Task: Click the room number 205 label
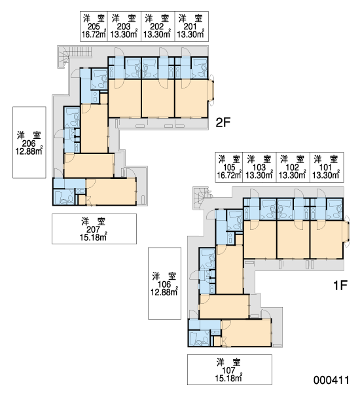coord(94,26)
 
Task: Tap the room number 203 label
coord(124,26)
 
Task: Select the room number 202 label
coord(157,26)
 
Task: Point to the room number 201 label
coord(190,26)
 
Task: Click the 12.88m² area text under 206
coord(29,151)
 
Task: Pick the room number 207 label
coord(93,229)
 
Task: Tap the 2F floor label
coord(223,122)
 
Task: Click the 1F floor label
coord(340,285)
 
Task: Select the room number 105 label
coord(229,167)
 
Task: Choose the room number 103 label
coord(259,167)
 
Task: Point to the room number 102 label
coord(293,167)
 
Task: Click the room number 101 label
coord(326,167)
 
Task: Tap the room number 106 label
coord(164,284)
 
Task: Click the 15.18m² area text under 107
coord(228,378)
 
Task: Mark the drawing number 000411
coord(331,380)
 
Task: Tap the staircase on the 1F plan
coord(202,198)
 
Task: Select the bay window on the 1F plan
coord(347,231)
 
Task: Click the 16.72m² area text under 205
coord(94,34)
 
